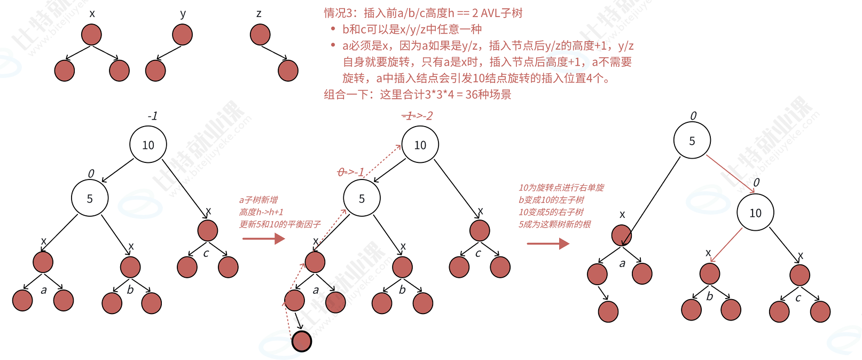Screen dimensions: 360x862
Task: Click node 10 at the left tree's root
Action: [148, 145]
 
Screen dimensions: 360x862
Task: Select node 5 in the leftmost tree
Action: [90, 198]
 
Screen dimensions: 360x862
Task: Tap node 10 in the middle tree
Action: [420, 145]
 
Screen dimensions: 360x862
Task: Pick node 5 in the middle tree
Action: [362, 198]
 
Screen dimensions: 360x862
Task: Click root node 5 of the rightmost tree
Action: [692, 140]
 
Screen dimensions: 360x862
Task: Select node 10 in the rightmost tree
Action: [755, 213]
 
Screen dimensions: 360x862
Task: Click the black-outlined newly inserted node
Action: [302, 341]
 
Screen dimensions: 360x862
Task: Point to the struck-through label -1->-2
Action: [417, 116]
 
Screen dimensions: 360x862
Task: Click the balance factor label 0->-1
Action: [351, 172]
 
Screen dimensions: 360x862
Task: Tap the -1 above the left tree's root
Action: [152, 116]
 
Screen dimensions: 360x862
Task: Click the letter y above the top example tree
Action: [183, 14]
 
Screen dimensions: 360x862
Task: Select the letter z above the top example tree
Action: [259, 14]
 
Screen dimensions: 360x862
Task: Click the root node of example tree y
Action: [183, 35]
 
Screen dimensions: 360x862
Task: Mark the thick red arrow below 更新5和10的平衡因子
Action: [263, 238]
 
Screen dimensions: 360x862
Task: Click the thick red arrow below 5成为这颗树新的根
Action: [548, 244]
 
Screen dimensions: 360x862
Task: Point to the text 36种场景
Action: [488, 95]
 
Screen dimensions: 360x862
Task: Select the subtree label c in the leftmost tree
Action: [206, 253]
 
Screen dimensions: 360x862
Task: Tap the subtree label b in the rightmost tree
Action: [710, 296]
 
